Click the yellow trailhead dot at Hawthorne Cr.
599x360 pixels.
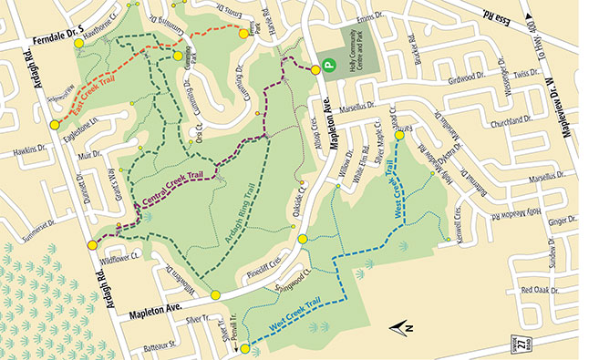pyautogui.click(x=78, y=43)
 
